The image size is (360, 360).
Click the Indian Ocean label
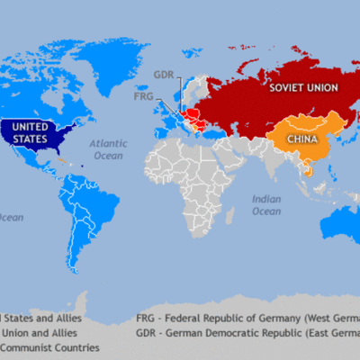266,204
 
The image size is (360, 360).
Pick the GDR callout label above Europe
163,75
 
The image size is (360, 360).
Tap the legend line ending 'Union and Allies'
40,333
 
